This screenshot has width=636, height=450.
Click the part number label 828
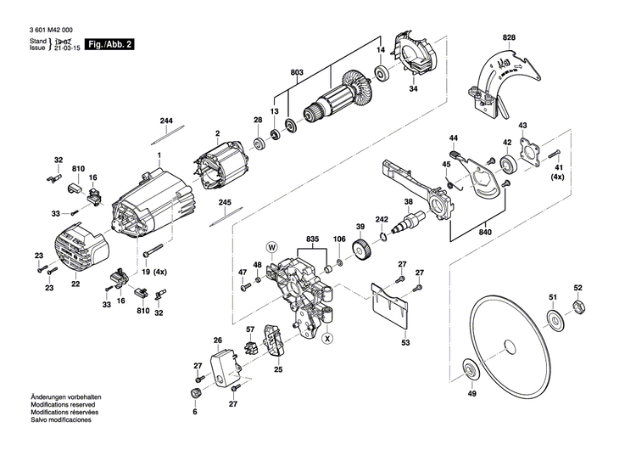click(x=508, y=39)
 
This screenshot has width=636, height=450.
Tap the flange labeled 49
click(x=468, y=371)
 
